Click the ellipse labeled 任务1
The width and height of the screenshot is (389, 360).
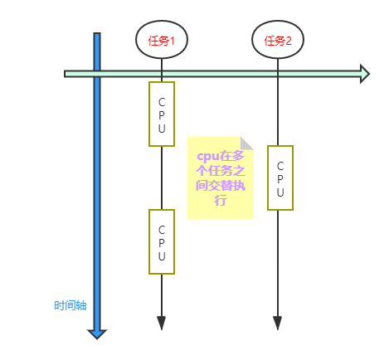pyautogui.click(x=161, y=41)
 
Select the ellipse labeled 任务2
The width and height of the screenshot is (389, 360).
pyautogui.click(x=277, y=41)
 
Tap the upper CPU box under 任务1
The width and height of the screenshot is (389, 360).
pyautogui.click(x=162, y=114)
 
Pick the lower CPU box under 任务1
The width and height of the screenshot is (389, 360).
pyautogui.click(x=162, y=241)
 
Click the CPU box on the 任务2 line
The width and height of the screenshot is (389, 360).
pyautogui.click(x=280, y=178)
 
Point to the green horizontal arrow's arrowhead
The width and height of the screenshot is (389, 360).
pyautogui.click(x=363, y=74)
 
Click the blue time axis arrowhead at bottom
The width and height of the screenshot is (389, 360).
pyautogui.click(x=97, y=333)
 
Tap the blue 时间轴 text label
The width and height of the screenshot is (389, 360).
pyautogui.click(x=70, y=305)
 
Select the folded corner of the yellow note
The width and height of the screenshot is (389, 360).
pyautogui.click(x=247, y=143)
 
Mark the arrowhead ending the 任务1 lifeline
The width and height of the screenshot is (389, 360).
pyautogui.click(x=162, y=322)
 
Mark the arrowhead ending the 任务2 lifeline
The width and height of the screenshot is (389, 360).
pyautogui.click(x=277, y=322)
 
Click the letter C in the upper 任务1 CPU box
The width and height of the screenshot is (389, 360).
pyautogui.click(x=162, y=100)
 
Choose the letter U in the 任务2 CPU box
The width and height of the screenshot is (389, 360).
pyautogui.click(x=280, y=192)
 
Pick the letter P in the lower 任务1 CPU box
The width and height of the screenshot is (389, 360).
pyautogui.click(x=162, y=242)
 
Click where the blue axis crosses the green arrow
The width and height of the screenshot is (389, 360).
pyautogui.click(x=97, y=74)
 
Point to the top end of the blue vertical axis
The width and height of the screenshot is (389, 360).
pyautogui.click(x=97, y=36)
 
